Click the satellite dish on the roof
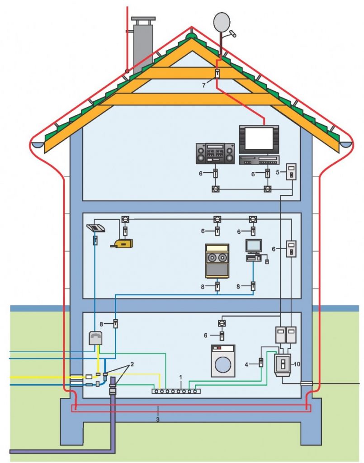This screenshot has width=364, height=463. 222,23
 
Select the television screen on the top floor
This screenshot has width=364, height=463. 259,138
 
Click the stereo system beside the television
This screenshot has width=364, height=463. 215,154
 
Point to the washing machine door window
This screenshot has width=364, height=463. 223,364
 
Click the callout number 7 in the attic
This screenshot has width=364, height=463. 203,85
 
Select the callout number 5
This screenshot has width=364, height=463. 278,172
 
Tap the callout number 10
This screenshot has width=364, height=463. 297,364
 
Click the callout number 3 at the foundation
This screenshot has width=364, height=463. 158,419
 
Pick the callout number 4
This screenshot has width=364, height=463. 246,365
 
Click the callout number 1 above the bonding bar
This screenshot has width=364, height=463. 181,378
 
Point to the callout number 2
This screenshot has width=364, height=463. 132,364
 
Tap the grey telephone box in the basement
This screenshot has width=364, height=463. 95,338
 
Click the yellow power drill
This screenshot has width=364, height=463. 122,243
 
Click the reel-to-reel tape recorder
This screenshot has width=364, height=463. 217,261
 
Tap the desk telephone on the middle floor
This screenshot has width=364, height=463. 96,228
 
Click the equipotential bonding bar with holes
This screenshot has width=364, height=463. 176,391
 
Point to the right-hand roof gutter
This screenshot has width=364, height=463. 346,144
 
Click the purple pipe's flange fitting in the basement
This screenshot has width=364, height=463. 113,387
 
